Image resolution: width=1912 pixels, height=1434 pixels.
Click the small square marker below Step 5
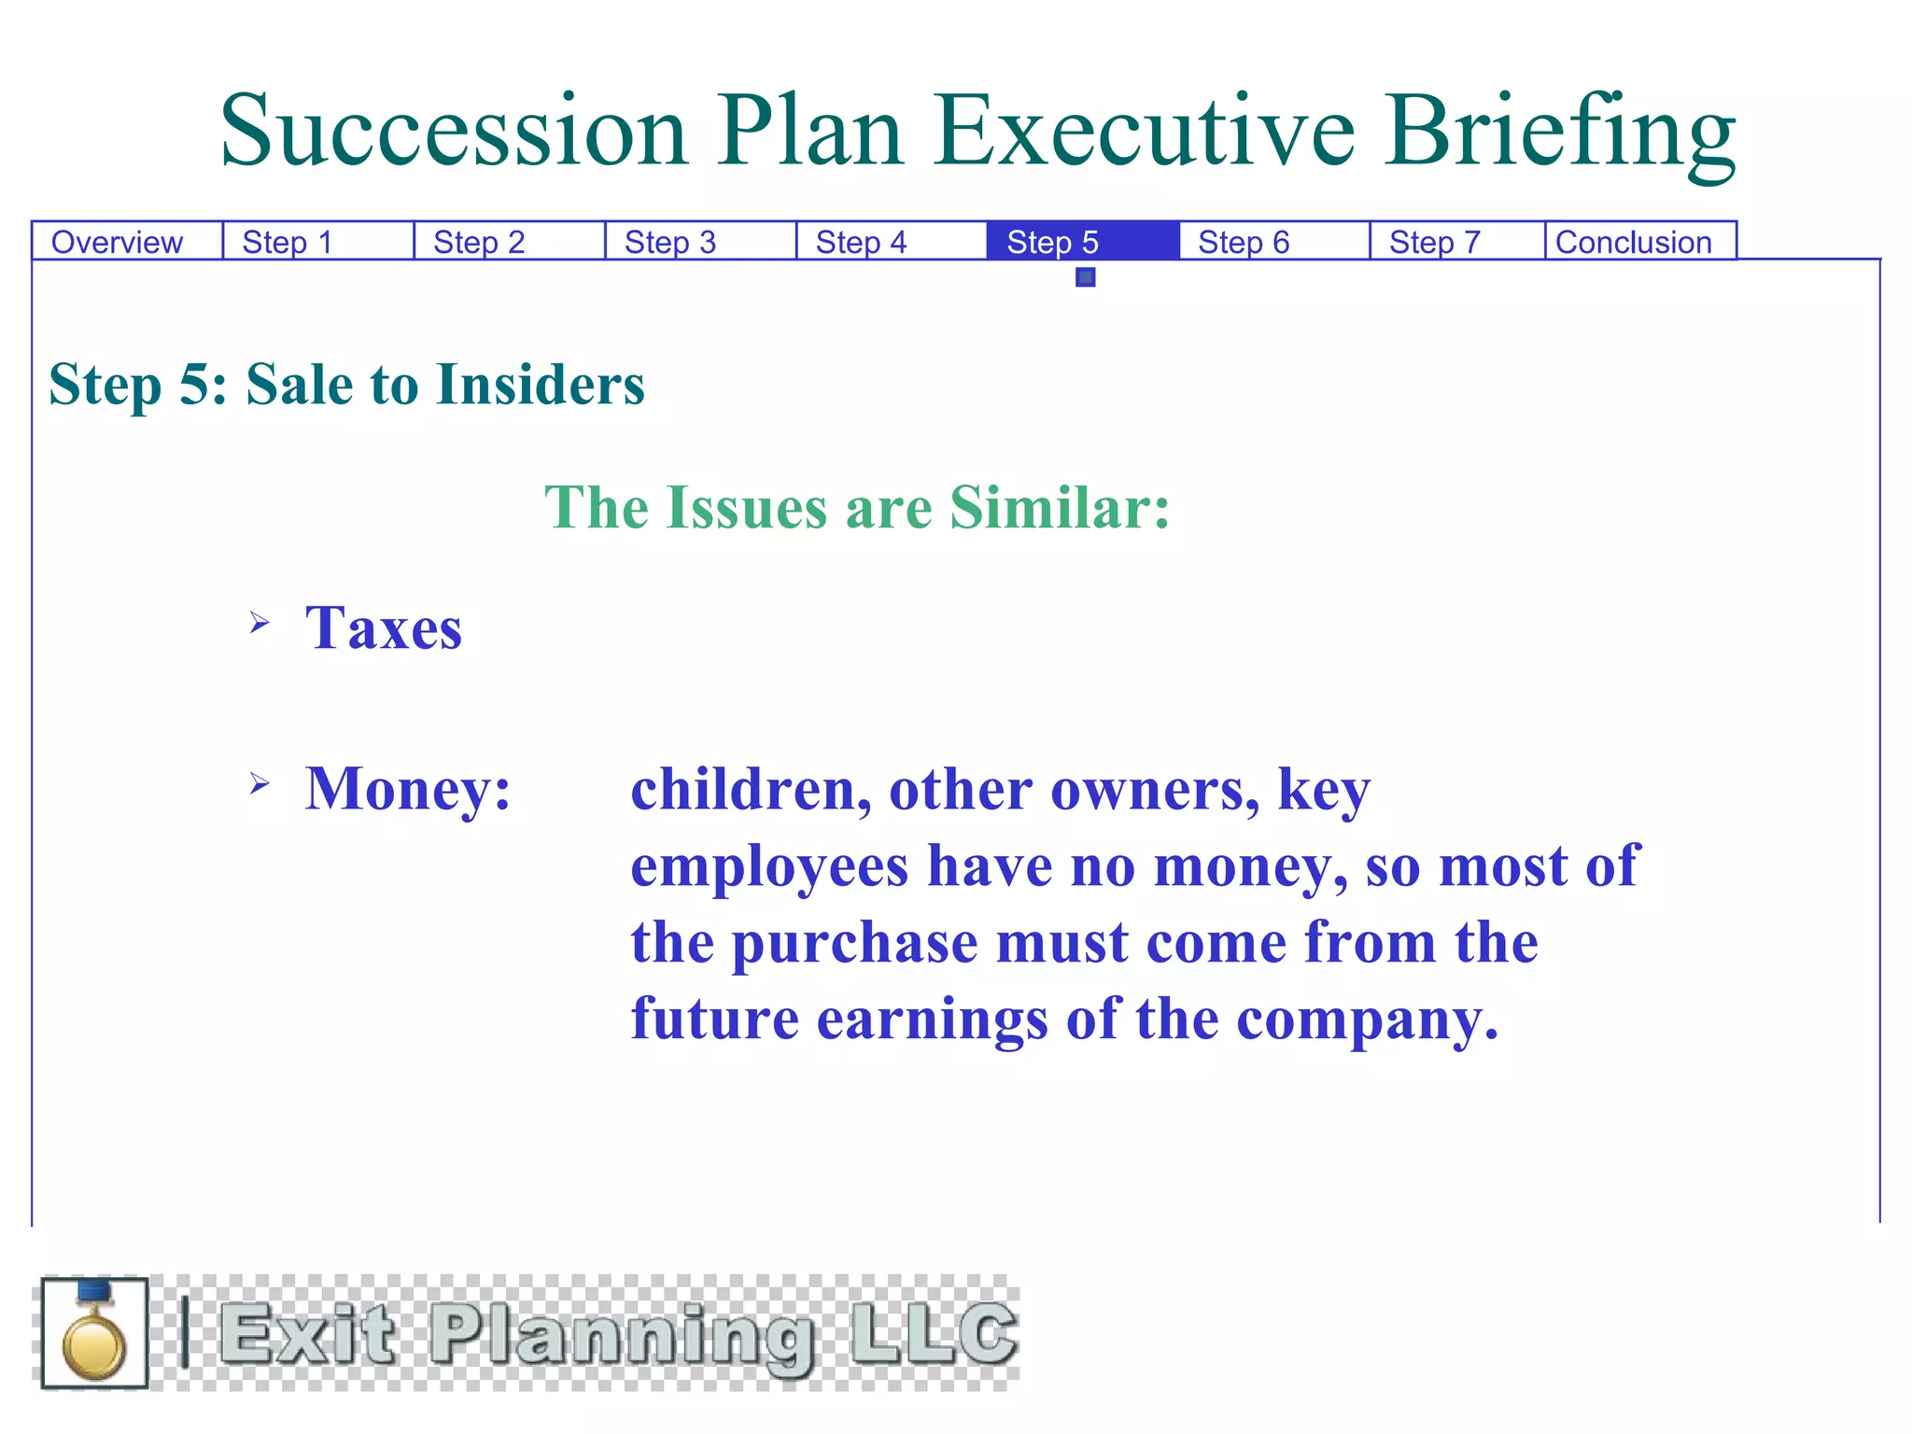click(x=1085, y=277)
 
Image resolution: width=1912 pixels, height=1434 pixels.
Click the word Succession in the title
click(x=454, y=131)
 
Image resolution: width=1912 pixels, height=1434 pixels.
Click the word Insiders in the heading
click(x=540, y=385)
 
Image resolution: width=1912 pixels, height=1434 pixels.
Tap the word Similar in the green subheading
click(x=1059, y=508)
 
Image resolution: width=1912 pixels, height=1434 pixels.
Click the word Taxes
click(x=384, y=627)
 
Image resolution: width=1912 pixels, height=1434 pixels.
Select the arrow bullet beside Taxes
click(x=260, y=622)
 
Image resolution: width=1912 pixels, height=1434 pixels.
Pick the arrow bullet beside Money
click(x=260, y=783)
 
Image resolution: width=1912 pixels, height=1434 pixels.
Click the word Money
click(x=407, y=789)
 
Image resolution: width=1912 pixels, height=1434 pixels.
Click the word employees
click(x=769, y=866)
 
